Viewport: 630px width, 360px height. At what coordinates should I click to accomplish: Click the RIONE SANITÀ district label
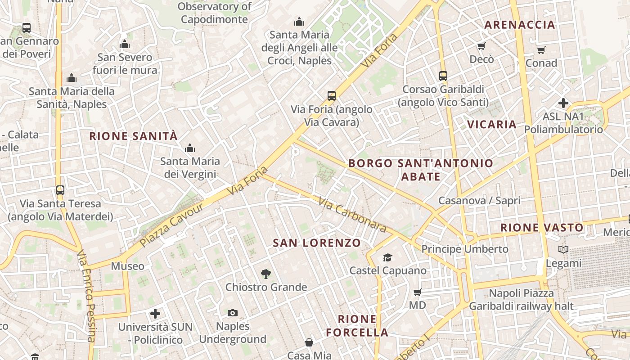tap(134, 136)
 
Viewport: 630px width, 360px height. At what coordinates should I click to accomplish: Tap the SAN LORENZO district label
tap(317, 243)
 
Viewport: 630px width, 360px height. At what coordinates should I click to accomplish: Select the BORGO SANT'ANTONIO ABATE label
tap(421, 170)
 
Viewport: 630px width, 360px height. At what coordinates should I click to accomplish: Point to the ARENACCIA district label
tap(520, 25)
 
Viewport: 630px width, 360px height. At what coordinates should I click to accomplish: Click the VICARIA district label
tap(491, 125)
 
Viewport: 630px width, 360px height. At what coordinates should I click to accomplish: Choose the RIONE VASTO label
tap(542, 228)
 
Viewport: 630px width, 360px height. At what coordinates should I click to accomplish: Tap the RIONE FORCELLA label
tap(357, 326)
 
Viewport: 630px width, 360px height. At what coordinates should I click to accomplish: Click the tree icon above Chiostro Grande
tap(266, 274)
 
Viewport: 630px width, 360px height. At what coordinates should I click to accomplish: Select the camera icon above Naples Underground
tap(233, 313)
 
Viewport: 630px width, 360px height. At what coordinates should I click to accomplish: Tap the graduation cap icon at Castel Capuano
tap(387, 257)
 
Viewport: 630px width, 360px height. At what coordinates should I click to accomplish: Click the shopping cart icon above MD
tap(418, 292)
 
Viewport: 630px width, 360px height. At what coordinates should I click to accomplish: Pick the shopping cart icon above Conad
tap(541, 50)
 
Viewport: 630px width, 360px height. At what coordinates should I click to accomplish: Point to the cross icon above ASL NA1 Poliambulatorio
tap(563, 103)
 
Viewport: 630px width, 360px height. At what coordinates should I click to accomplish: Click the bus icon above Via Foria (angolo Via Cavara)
tap(332, 96)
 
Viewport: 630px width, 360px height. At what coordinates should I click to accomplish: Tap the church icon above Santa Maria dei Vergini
tap(190, 148)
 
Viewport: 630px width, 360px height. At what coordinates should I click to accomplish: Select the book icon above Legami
tap(563, 249)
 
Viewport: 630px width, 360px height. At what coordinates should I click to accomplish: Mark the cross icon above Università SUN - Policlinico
tap(155, 314)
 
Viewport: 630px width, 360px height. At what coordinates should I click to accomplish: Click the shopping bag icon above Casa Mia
tap(309, 342)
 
